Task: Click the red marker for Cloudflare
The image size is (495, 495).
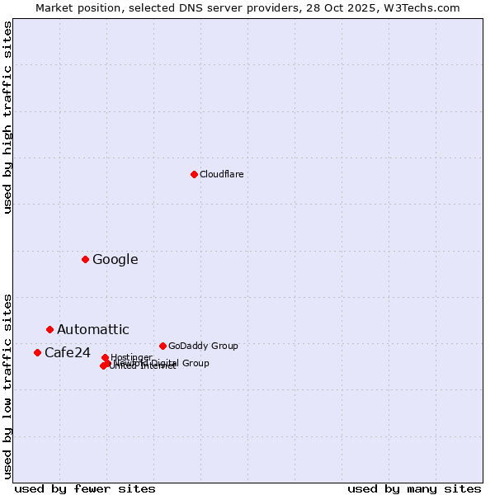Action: point(194,174)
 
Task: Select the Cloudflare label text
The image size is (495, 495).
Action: point(221,174)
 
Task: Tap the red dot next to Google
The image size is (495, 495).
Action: point(85,259)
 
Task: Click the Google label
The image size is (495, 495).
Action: point(115,259)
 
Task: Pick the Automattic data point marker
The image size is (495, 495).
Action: point(49,329)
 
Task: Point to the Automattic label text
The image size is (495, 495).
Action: point(92,329)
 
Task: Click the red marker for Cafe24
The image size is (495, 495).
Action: point(37,352)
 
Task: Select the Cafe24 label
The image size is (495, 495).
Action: point(67,352)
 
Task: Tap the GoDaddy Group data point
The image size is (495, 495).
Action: point(163,346)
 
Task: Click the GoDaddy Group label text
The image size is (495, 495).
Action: point(202,346)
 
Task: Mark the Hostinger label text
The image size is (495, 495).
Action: point(131,357)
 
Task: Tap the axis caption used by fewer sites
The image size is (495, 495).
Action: point(85,488)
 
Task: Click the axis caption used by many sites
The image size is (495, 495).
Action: point(414,488)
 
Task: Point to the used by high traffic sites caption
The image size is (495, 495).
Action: point(7,117)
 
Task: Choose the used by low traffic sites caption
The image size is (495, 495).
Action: point(7,385)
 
